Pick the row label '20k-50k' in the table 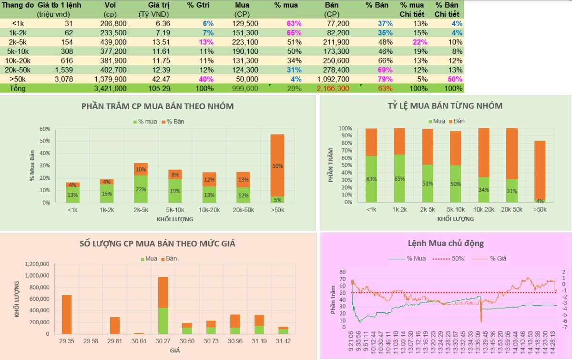(18, 70)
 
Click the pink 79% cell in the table (386, 79)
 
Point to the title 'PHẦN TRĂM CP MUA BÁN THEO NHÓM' (158, 106)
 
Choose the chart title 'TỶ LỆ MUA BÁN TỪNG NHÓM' (445, 106)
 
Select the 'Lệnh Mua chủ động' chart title (446, 243)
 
